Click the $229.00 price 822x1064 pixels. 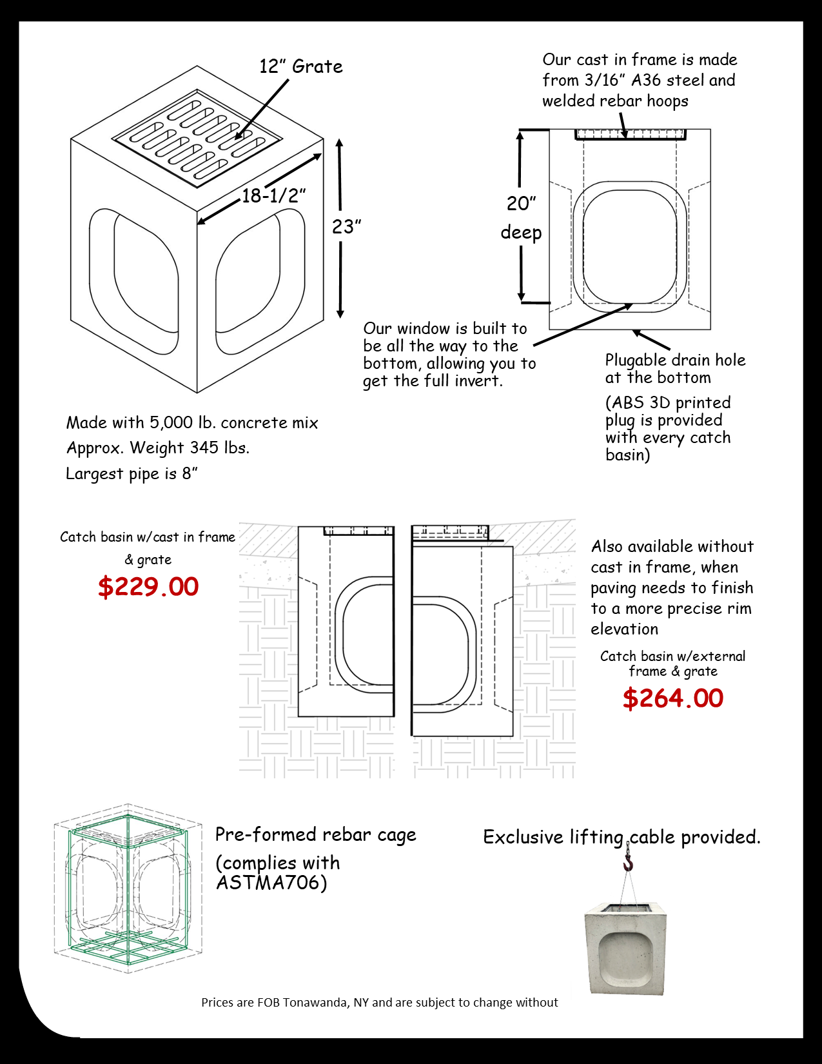(x=148, y=587)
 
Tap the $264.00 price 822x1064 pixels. (x=673, y=698)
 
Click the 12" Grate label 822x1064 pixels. (x=301, y=66)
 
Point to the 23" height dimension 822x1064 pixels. (x=346, y=227)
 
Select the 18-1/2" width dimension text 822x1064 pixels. (x=273, y=196)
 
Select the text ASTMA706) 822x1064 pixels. (x=271, y=882)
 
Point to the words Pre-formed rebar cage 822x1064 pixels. (x=315, y=835)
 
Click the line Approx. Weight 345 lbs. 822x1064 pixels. (x=158, y=448)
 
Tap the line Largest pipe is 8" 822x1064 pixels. (x=132, y=474)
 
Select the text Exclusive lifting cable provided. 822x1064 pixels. (x=621, y=837)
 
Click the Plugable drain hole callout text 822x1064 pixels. (x=674, y=368)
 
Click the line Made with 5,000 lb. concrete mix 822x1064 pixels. (x=192, y=423)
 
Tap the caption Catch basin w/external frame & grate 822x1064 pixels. (x=672, y=664)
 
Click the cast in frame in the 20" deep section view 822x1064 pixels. (x=630, y=134)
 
